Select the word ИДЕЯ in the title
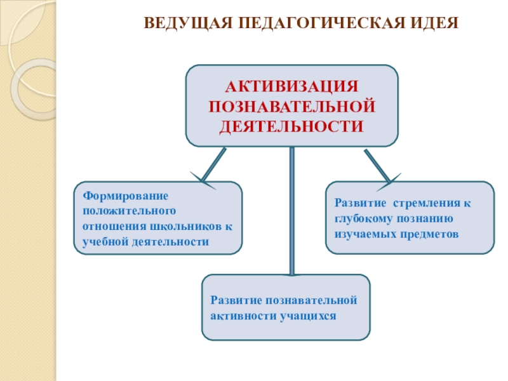pos(436,23)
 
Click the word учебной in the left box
pos(103,242)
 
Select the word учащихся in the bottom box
pos(307,315)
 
